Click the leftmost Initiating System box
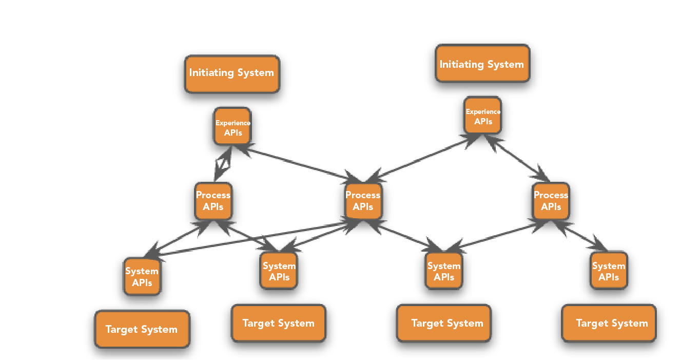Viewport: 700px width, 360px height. (232, 74)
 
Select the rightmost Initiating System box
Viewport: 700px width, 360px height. (482, 64)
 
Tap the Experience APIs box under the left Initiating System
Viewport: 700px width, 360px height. (232, 126)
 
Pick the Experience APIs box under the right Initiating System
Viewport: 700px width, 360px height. (482, 116)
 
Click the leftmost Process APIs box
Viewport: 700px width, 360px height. (213, 201)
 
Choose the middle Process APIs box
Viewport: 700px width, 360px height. (363, 201)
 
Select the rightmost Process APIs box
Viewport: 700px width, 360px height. (551, 201)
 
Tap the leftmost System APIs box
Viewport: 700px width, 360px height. (142, 276)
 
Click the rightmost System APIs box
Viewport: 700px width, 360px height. (608, 271)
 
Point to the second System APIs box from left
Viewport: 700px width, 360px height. (279, 271)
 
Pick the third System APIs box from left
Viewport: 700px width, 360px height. (444, 271)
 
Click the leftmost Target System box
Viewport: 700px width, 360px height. (142, 329)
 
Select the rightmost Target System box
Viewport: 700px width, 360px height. (609, 323)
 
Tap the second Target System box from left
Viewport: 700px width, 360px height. (278, 323)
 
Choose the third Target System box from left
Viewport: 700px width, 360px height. (443, 323)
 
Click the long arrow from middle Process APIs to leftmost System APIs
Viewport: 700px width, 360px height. (251, 239)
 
